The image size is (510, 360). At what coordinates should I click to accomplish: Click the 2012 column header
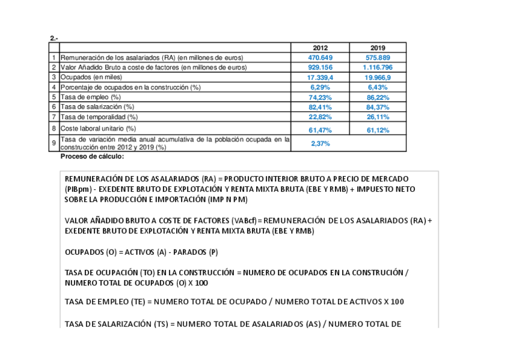(x=320, y=47)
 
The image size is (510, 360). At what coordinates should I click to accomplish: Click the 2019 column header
(x=378, y=47)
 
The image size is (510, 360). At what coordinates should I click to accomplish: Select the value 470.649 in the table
(x=320, y=58)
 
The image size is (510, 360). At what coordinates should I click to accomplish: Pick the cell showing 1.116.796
(x=378, y=67)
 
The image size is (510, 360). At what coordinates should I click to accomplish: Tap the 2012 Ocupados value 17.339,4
(x=320, y=78)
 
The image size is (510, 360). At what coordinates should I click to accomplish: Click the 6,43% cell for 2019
(x=378, y=87)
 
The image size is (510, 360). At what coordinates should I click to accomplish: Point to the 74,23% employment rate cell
(x=320, y=97)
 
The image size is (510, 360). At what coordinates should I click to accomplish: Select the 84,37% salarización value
(x=378, y=107)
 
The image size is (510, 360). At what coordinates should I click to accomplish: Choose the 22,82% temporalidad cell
(x=320, y=117)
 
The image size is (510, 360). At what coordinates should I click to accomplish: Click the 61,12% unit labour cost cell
(x=378, y=130)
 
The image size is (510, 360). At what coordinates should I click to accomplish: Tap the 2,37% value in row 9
(x=320, y=144)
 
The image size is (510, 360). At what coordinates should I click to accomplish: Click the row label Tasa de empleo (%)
(x=91, y=97)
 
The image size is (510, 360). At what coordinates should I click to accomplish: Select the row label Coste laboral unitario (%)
(x=98, y=128)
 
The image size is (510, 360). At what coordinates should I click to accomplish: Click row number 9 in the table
(x=54, y=143)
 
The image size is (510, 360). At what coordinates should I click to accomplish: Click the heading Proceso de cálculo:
(x=92, y=156)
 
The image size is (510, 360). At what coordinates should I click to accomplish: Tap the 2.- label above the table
(x=54, y=38)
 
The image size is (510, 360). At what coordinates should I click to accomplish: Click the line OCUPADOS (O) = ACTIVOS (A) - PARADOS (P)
(x=141, y=252)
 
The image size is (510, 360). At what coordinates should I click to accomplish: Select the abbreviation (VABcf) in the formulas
(x=243, y=221)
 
